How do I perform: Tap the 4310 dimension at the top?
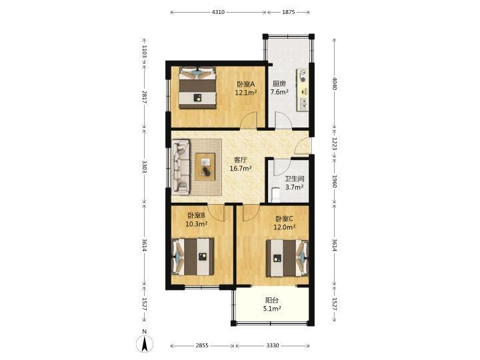click(x=218, y=12)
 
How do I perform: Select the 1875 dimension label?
click(x=289, y=12)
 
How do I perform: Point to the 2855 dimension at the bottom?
click(x=202, y=345)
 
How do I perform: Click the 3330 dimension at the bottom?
click(x=273, y=345)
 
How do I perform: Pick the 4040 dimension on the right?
click(x=334, y=83)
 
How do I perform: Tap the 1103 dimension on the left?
click(x=145, y=51)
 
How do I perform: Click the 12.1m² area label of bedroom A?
click(x=245, y=92)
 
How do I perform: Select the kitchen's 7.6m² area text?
click(x=279, y=92)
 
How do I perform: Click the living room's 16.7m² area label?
click(x=241, y=168)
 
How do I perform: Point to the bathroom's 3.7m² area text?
click(x=295, y=187)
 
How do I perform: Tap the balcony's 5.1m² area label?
click(x=272, y=309)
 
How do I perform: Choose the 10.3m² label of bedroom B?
click(x=197, y=224)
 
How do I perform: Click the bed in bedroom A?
click(x=197, y=88)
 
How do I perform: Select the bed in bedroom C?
click(x=287, y=258)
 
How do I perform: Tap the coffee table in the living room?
click(x=205, y=167)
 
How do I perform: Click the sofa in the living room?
click(x=180, y=167)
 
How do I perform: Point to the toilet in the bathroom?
click(x=275, y=195)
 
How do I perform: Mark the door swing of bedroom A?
click(x=248, y=120)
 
